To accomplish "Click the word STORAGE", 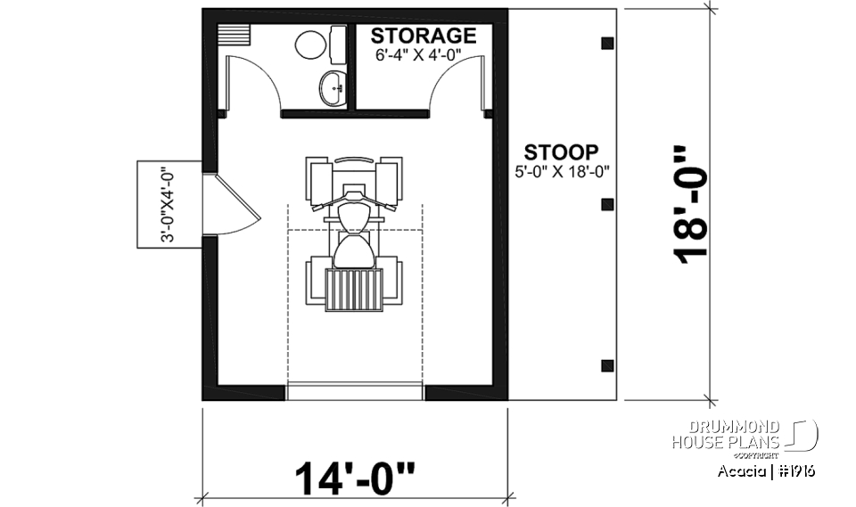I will coord(423,37).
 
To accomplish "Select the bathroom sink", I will coord(333,88).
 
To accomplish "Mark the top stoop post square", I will coord(607,43).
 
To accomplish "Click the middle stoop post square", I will coord(607,204).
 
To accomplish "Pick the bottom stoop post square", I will coord(607,364).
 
